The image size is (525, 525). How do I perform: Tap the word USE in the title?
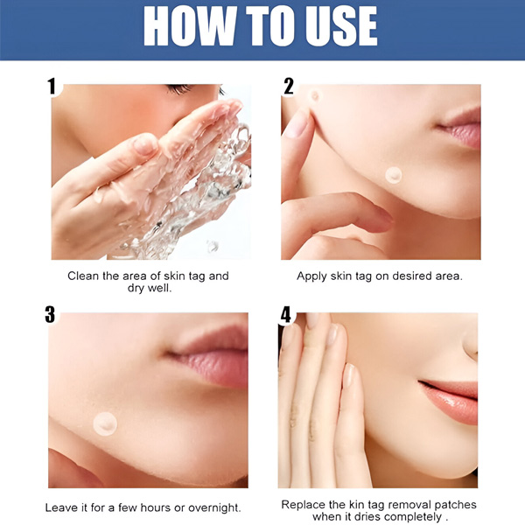pyautogui.click(x=341, y=25)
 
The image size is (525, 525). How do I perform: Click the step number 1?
pyautogui.click(x=52, y=86)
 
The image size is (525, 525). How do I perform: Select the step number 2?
pyautogui.click(x=288, y=86)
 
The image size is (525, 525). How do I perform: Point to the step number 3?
pyautogui.click(x=50, y=314)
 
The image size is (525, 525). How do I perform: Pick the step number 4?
pyautogui.click(x=286, y=314)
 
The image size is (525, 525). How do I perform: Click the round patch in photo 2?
pyautogui.click(x=394, y=175)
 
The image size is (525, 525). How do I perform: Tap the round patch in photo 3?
pyautogui.click(x=105, y=423)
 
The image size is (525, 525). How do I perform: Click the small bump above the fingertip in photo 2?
pyautogui.click(x=315, y=96)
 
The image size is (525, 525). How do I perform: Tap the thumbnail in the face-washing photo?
pyautogui.click(x=144, y=144)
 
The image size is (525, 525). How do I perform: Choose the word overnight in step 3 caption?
pyautogui.click(x=214, y=507)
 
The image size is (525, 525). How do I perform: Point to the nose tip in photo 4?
pyautogui.click(x=472, y=345)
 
